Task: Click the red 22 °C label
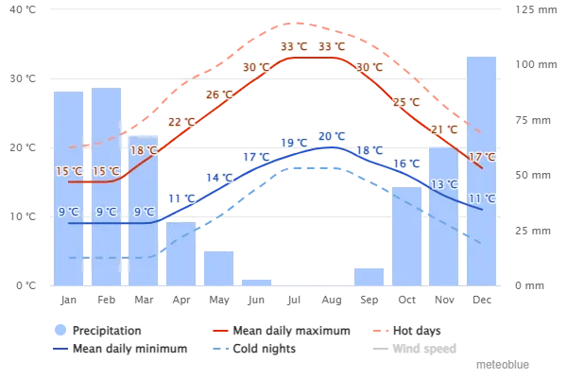[x=181, y=122]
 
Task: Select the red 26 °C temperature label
[x=219, y=94]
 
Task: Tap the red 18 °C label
[x=144, y=150]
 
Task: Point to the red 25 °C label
[x=406, y=102]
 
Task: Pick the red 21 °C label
[x=444, y=129]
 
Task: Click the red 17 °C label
[x=482, y=157]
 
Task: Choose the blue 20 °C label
[x=332, y=136]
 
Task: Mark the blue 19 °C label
[x=294, y=143]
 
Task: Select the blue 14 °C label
[x=219, y=178]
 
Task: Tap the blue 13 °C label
[x=444, y=184]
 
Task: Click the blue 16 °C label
[x=406, y=163]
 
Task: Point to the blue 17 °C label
[x=256, y=157]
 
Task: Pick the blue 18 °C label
[x=369, y=150]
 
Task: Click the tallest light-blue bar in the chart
[x=481, y=170]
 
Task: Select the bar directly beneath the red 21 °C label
[x=444, y=217]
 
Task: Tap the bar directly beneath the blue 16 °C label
[x=406, y=236]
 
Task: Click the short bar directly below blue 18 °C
[x=369, y=276]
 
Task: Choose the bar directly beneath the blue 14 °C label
[x=219, y=267]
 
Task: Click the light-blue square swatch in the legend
[x=61, y=331]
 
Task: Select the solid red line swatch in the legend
[x=220, y=332]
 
